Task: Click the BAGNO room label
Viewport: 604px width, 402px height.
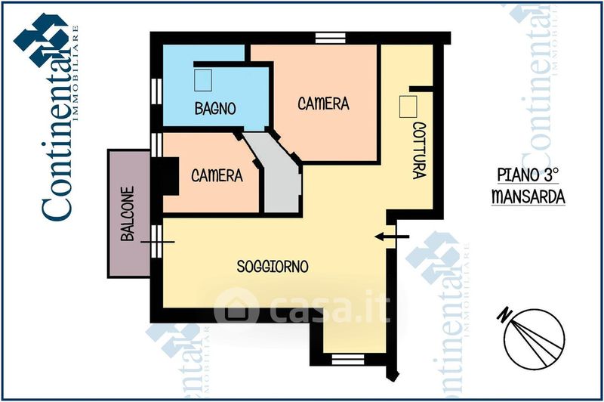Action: [215, 108]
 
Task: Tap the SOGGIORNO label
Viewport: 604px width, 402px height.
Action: [273, 266]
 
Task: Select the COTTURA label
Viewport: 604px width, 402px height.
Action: [419, 150]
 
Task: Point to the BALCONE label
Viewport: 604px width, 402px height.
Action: [128, 214]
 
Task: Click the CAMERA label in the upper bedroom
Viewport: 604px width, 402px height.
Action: [324, 104]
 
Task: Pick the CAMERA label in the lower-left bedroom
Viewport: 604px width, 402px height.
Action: [217, 176]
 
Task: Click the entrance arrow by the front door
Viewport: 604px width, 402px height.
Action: [392, 237]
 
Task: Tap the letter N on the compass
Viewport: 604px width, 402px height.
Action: [503, 315]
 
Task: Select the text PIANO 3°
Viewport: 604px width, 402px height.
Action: [528, 175]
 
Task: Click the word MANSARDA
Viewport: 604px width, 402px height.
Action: [528, 196]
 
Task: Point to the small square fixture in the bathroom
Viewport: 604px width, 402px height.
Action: [203, 80]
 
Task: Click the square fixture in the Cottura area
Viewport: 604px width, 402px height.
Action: [408, 107]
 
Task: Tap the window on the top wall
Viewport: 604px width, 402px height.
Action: [331, 38]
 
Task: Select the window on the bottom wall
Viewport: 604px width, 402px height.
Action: [348, 360]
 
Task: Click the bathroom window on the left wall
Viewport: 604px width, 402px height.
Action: [156, 91]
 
